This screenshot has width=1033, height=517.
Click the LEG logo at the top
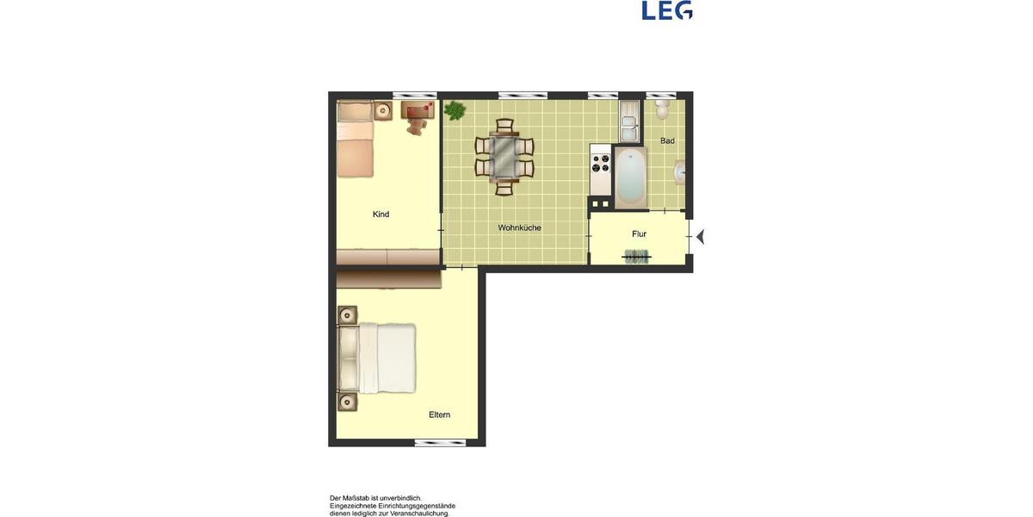[667, 10]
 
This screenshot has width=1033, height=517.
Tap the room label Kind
[380, 215]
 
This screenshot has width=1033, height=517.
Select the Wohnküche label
[519, 228]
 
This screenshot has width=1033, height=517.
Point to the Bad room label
[667, 140]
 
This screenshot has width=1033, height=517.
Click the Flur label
[639, 234]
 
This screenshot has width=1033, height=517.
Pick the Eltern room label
[439, 415]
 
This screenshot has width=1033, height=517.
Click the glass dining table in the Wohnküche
[504, 156]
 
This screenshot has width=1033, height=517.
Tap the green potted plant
[454, 110]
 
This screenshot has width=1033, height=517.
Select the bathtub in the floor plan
[629, 177]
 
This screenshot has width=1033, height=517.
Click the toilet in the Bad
[663, 109]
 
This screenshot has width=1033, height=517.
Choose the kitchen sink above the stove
[628, 121]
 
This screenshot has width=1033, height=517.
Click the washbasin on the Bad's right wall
[679, 172]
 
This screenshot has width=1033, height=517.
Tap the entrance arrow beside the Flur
[701, 236]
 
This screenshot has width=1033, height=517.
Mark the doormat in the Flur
[637, 256]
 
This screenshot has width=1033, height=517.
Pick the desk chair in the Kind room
[418, 128]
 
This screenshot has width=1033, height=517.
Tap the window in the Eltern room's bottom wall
[440, 443]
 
